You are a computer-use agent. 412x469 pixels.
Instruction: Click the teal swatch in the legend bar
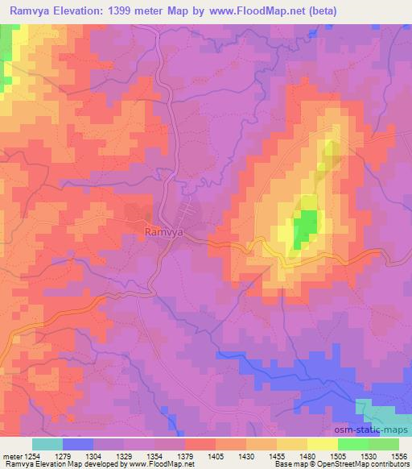tap(47, 443)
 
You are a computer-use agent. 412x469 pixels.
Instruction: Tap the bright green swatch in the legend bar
tap(352, 443)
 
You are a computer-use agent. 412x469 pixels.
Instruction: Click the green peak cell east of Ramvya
tap(304, 226)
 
